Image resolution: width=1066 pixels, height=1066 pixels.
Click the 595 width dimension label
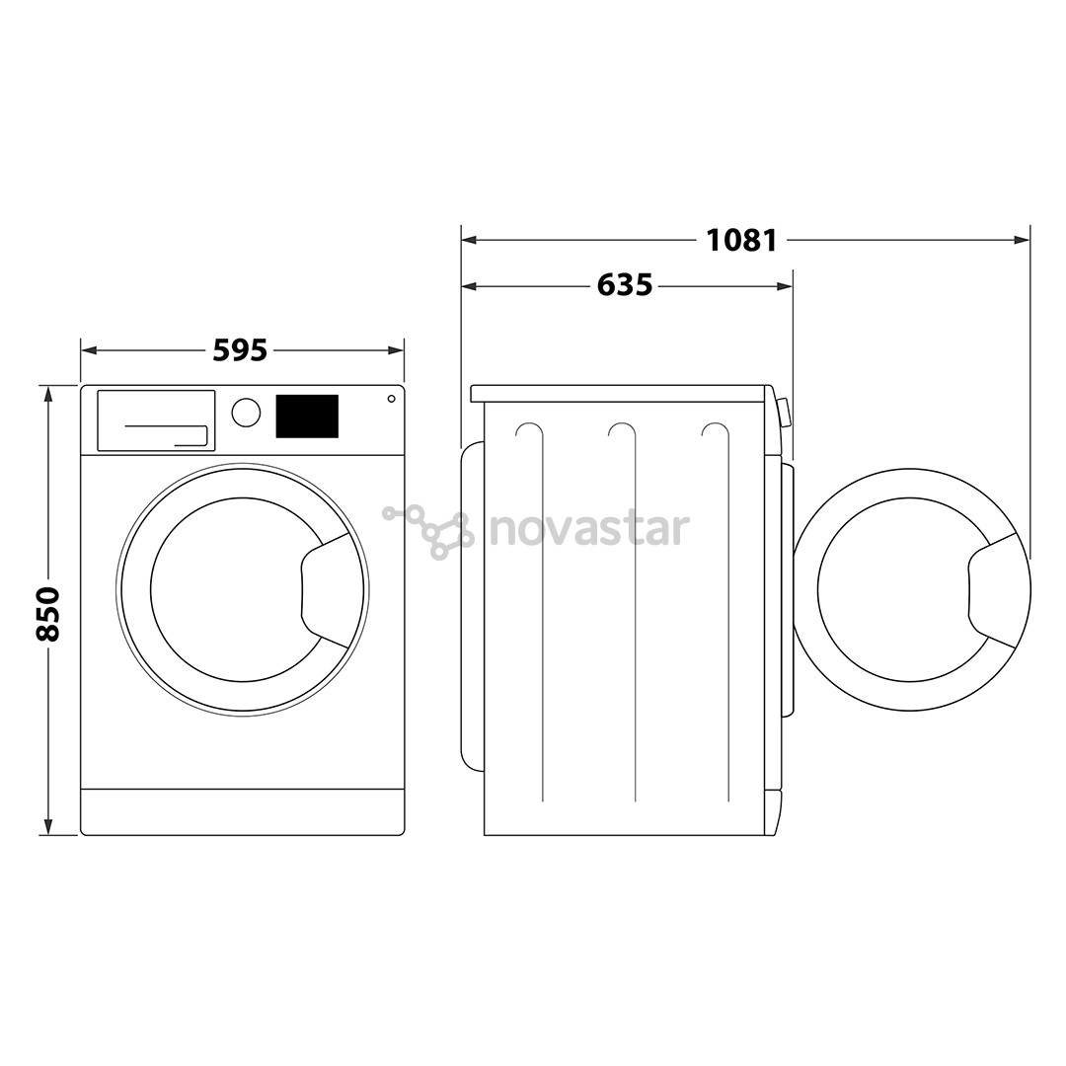240,350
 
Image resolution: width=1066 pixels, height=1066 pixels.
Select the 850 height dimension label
49,614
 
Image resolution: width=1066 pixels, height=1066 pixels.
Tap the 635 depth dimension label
624,285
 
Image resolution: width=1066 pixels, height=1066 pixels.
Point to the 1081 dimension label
741,240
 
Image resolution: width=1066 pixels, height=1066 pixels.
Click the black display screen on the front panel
307,417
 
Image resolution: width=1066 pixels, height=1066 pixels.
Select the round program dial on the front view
246,413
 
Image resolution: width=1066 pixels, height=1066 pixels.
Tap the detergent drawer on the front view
156,420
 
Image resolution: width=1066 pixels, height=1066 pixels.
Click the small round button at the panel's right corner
391,399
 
